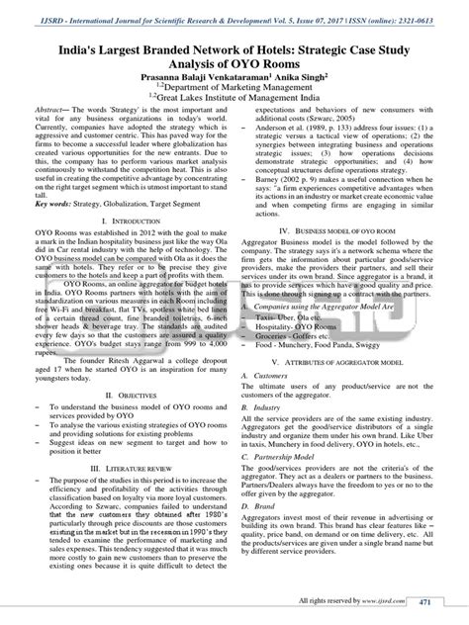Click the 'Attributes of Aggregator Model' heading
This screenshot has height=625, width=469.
[x=343, y=364]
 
